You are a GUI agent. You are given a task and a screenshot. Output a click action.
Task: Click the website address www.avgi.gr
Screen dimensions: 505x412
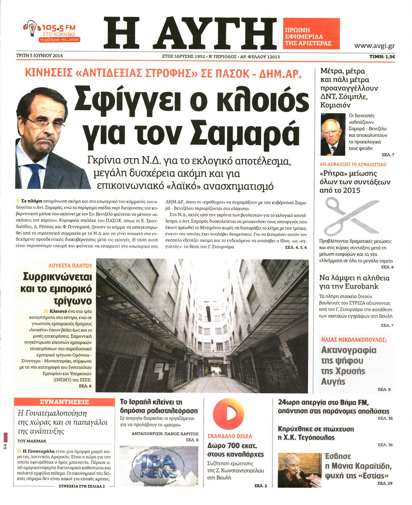[x=374, y=46]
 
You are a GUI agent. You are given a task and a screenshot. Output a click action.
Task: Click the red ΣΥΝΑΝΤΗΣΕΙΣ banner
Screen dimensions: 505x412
[x=64, y=402]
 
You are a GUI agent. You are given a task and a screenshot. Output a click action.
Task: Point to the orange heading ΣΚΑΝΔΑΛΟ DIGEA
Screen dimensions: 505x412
[x=230, y=436]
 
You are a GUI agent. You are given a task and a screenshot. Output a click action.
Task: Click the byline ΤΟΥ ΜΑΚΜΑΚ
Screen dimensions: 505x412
[x=32, y=441]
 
